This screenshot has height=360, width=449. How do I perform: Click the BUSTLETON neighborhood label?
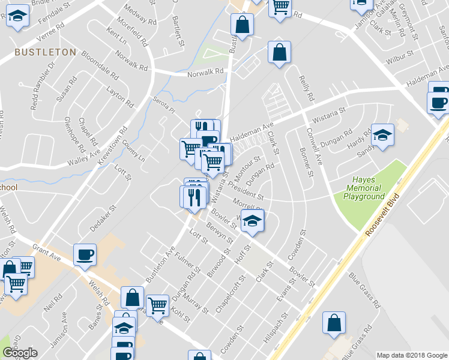pos(46,52)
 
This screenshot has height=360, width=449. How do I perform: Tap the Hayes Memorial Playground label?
pos(364,188)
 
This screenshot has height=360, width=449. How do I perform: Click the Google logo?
pos(20,353)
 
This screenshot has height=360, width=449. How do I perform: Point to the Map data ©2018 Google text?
pos(411,355)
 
